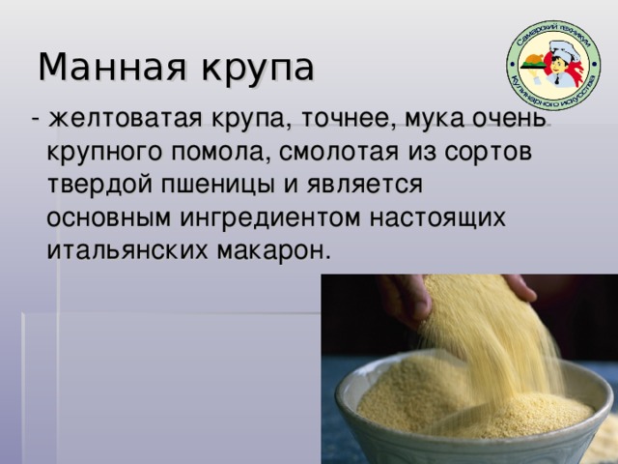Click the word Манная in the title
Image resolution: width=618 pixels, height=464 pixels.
[112, 67]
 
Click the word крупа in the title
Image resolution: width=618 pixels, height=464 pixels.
[258, 70]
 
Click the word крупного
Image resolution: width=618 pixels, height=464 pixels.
[105, 153]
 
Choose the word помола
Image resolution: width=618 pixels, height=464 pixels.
[220, 153]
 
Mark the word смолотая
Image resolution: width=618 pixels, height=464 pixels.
[339, 152]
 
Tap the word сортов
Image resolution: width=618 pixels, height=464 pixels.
[489, 153]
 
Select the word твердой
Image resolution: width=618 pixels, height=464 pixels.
[99, 184]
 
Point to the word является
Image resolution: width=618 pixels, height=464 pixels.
[365, 185]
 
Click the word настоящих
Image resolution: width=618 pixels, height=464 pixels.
[437, 218]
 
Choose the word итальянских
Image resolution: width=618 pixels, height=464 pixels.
[127, 251]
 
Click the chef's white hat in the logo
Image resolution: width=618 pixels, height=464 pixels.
[565, 50]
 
